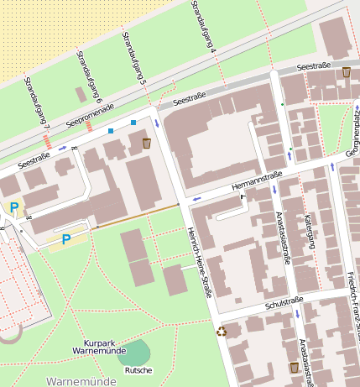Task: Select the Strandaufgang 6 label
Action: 89,76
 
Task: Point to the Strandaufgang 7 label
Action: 37,102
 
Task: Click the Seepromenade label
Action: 90,117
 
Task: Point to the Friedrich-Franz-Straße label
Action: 352,306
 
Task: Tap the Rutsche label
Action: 138,370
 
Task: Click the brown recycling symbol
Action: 222,332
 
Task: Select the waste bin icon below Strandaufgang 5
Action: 147,144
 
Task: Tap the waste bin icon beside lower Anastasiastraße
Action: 294,368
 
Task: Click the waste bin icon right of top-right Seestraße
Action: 347,72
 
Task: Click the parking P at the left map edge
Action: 13,207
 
